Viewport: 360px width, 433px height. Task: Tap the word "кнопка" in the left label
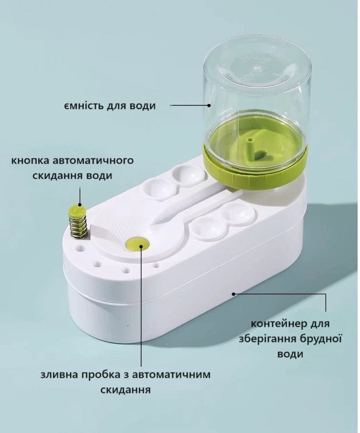coord(30,159)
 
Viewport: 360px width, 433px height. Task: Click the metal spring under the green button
coord(77,226)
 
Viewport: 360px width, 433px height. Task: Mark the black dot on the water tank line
coord(208,105)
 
